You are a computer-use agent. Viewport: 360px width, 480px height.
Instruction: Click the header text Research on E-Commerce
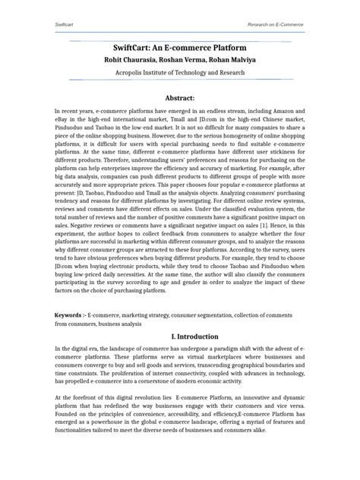(275, 25)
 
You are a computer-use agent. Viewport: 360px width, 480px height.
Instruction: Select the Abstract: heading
(180, 99)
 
